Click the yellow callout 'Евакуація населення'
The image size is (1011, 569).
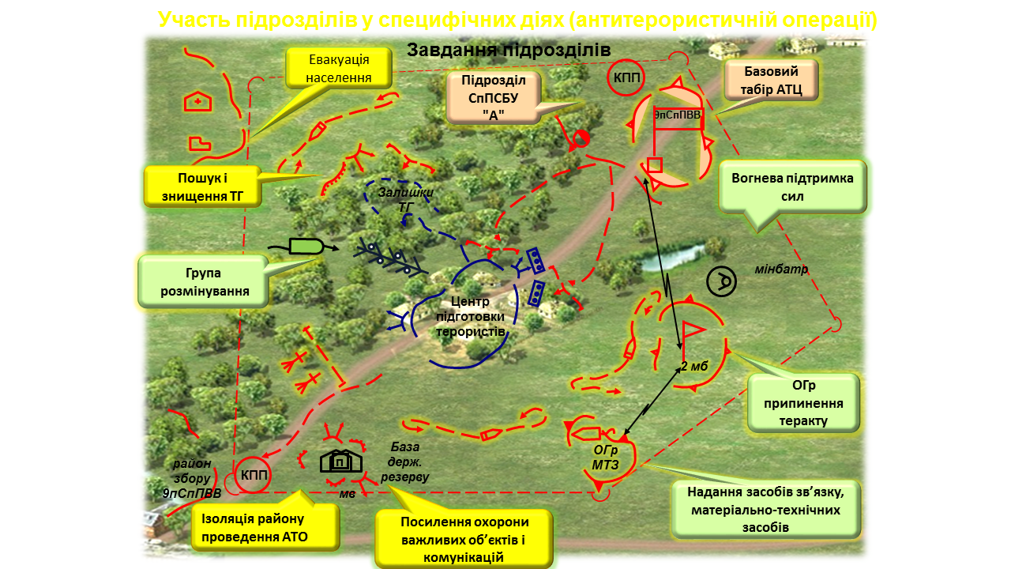pyautogui.click(x=339, y=69)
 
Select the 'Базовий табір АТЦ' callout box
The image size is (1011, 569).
pyautogui.click(x=772, y=80)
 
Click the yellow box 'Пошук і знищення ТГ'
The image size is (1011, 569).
pyautogui.click(x=202, y=187)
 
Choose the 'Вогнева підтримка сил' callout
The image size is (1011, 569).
pyautogui.click(x=792, y=187)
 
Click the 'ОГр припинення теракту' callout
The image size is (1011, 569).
pyautogui.click(x=803, y=402)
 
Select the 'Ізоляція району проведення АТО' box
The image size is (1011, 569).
pyautogui.click(x=265, y=527)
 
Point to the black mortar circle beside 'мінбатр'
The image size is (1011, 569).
pyautogui.click(x=721, y=282)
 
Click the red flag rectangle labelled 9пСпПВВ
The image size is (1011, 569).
pyautogui.click(x=678, y=115)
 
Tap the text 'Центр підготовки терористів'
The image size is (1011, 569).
pyautogui.click(x=470, y=317)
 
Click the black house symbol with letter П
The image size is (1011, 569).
pyautogui.click(x=340, y=461)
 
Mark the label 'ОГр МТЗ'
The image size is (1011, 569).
pyautogui.click(x=604, y=456)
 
